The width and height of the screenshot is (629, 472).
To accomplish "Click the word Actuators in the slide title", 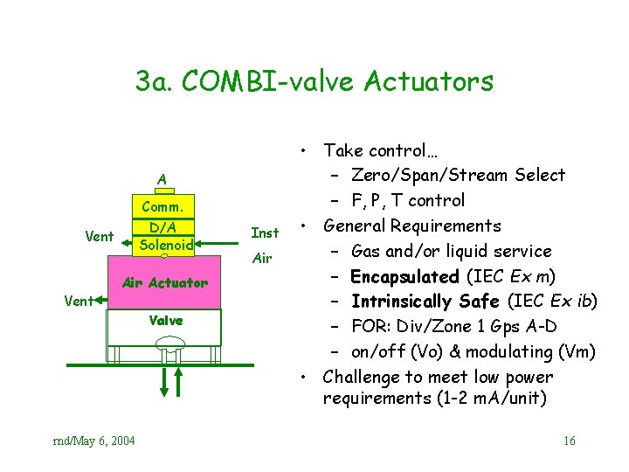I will (x=428, y=82).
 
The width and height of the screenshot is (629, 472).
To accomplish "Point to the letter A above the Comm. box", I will (x=162, y=180).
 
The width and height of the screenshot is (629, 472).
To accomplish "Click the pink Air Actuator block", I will (x=165, y=282).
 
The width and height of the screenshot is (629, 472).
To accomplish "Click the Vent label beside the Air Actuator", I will (x=79, y=301).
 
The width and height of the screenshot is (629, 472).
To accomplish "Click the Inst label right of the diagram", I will (x=265, y=233).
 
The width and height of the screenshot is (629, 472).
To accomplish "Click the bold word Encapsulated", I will (x=404, y=276).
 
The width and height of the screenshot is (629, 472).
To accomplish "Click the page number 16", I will (x=569, y=441).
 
